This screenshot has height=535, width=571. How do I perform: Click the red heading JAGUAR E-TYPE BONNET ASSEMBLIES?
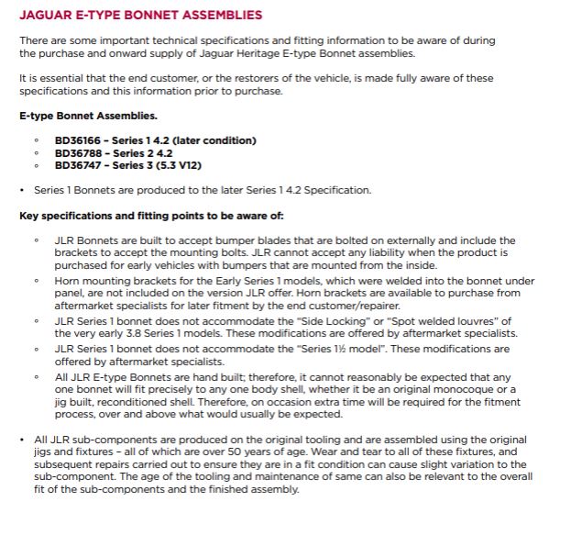140,16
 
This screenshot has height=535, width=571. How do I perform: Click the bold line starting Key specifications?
151,216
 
